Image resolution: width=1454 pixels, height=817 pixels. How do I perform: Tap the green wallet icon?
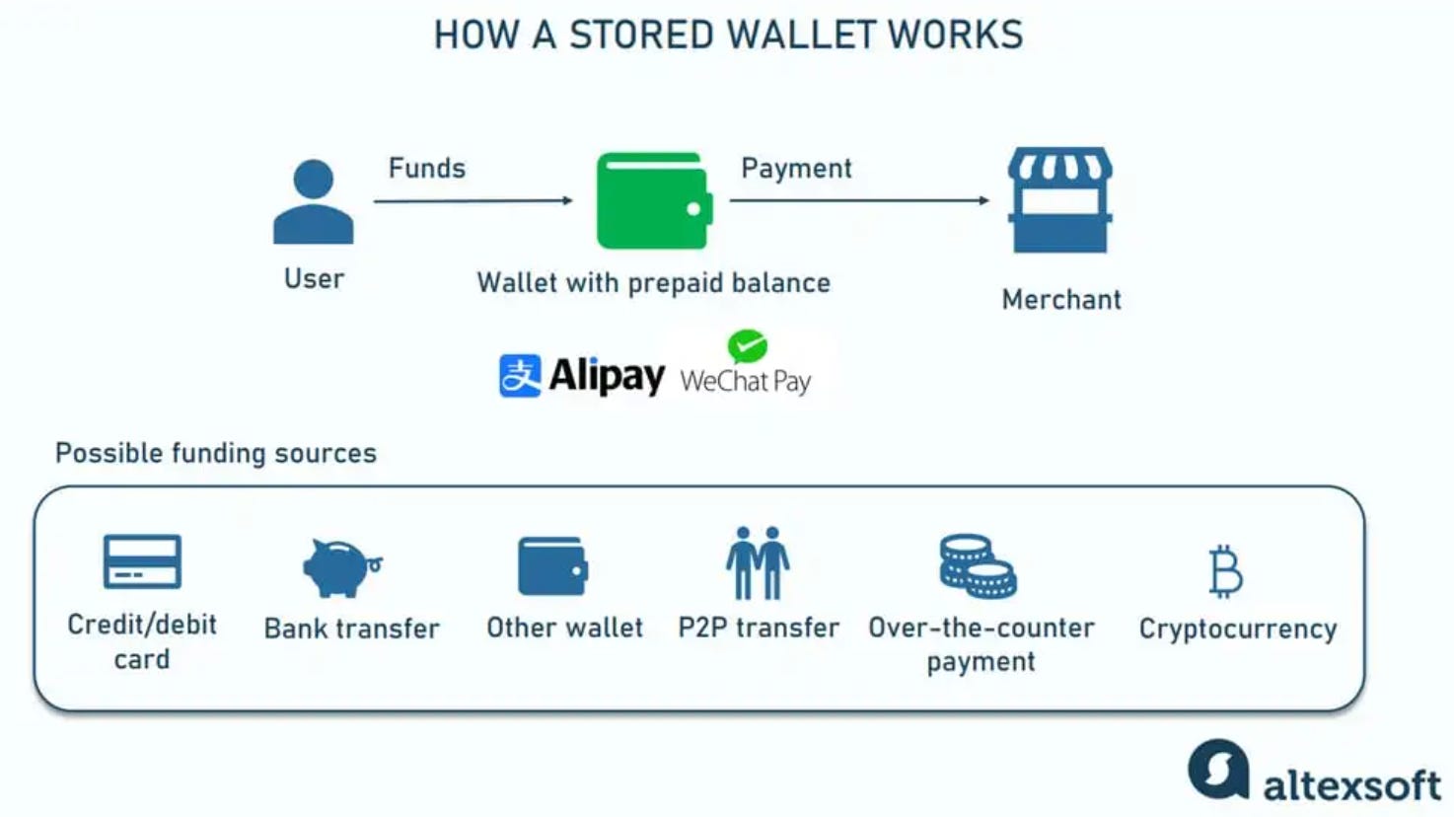click(653, 200)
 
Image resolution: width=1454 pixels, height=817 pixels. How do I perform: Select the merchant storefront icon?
click(1060, 200)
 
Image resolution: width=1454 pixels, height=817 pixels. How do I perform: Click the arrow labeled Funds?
click(473, 200)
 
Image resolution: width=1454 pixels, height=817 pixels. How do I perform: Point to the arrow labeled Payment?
click(859, 200)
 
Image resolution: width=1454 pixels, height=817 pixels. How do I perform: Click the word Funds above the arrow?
click(426, 169)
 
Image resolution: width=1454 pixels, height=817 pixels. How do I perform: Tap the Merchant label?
click(1061, 300)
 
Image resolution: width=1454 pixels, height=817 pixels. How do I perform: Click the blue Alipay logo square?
click(520, 376)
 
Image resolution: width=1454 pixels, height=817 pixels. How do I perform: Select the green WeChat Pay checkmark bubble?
click(748, 346)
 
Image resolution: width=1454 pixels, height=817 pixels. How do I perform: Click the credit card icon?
click(142, 561)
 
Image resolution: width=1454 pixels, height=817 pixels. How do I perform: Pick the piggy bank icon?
click(340, 567)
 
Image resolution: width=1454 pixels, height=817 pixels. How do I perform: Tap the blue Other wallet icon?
click(552, 566)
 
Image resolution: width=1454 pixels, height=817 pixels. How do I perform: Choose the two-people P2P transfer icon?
click(758, 563)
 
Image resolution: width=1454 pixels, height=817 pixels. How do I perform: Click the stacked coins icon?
click(977, 566)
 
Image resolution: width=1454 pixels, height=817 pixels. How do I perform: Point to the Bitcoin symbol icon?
click(1226, 571)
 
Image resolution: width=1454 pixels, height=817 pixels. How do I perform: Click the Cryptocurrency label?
click(1238, 630)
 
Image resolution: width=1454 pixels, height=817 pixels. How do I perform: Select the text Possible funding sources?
click(216, 454)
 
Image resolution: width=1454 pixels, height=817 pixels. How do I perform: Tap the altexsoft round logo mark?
click(1218, 769)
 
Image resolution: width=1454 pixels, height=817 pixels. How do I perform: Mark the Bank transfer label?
click(352, 629)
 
